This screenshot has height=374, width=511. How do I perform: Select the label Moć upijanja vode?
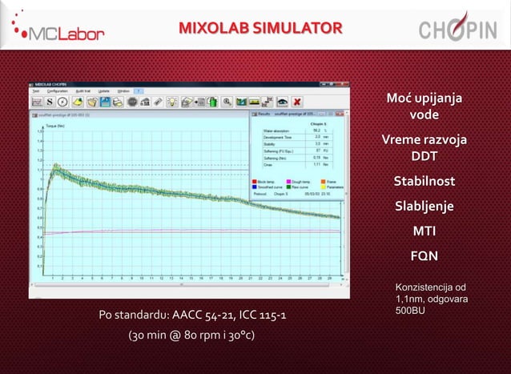pos(424,107)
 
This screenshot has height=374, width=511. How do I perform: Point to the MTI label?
pos(424,231)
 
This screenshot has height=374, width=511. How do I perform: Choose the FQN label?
pos(424,257)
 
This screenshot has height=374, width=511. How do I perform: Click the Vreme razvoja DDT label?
pos(424,147)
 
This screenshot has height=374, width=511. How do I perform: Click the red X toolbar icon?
pos(297,102)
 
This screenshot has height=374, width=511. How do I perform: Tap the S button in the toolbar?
pos(50,102)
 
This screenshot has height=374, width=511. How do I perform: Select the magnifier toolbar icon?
pos(227,102)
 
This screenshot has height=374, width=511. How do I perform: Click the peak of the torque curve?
pos(56,167)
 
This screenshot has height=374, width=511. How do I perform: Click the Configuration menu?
pos(58,91)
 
